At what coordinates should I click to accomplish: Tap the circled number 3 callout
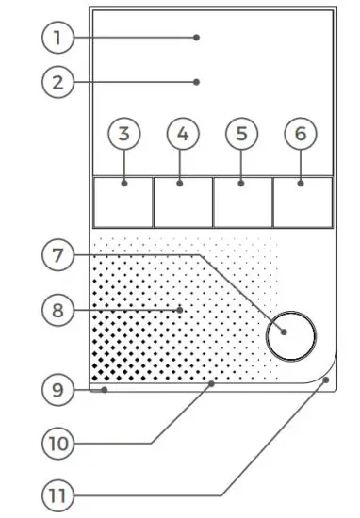point(123,134)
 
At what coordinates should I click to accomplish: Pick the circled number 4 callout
point(183,134)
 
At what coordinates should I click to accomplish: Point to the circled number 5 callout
point(242,134)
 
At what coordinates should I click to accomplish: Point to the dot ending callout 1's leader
point(196,38)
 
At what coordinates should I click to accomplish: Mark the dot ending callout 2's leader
point(196,82)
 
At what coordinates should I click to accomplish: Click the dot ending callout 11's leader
point(326,380)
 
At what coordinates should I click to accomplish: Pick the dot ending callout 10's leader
point(212,384)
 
